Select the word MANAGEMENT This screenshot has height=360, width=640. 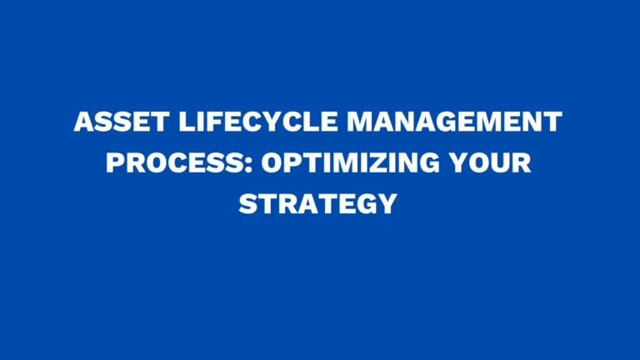click(454, 123)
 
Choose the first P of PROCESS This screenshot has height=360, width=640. click(114, 162)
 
